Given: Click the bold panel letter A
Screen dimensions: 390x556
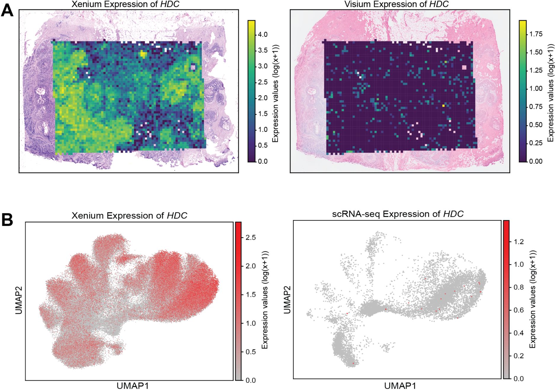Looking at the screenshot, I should point(7,11).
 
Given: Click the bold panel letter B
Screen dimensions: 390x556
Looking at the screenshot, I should point(7,220).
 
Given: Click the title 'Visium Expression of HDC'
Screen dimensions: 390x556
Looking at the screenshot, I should point(397,4).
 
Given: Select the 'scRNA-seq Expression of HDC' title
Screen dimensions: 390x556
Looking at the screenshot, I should point(398,214).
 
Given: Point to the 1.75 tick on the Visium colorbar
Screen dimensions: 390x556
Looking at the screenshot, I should point(536,34).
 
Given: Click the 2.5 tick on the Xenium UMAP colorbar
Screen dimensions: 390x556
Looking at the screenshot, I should point(251,238).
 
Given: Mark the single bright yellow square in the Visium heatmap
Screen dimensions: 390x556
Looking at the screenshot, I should point(443,105).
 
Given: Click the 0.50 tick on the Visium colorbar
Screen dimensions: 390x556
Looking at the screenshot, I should point(536,125).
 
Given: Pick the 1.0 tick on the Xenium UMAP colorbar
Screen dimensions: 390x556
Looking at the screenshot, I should point(251,323).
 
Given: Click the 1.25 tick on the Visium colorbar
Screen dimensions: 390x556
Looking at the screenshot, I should point(536,70).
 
